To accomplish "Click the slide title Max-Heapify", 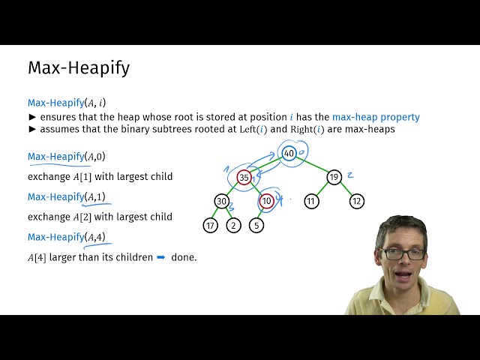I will pos(79,67).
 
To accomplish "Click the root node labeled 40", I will pos(289,154).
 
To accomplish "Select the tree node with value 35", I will pos(244,178).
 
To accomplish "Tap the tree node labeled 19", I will pos(334,178).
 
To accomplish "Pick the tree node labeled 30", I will pos(221,201).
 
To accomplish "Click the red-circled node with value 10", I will pos(266,201).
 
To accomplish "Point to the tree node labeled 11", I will pos(311,201).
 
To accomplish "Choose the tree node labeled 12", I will pos(357,201).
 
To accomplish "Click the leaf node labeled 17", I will pos(210,225).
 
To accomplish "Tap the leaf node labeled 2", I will pos(233,225).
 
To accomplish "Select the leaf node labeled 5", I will pos(256,225).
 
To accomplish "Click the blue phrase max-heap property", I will pos(376,117).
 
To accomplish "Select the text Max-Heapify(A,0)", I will pos(67,157).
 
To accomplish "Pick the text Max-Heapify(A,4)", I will pos(67,237).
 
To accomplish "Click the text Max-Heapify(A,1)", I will pos(67,196).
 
